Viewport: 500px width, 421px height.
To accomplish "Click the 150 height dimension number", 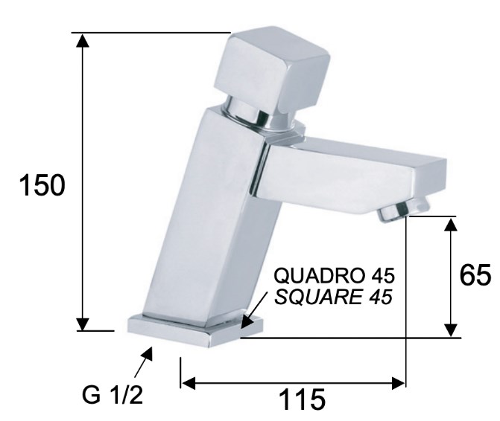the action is click(x=42, y=185).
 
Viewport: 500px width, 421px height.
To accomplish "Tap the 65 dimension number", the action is click(x=475, y=274).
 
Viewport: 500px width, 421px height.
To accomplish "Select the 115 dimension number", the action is click(x=303, y=399).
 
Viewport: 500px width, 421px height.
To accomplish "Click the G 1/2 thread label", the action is click(x=113, y=395).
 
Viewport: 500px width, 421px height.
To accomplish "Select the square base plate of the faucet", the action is click(x=195, y=331).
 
